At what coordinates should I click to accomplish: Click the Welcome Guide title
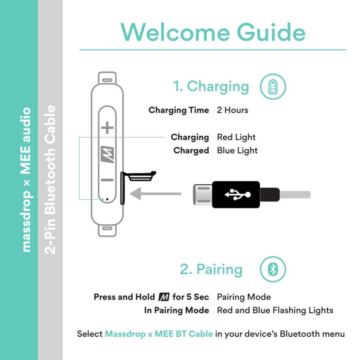point(213,32)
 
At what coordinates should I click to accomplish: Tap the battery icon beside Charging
point(272,87)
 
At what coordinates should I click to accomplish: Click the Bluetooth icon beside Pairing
point(272,269)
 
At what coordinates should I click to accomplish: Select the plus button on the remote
point(107,128)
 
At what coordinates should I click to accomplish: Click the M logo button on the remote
point(108,154)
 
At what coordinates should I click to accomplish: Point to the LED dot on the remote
point(107,199)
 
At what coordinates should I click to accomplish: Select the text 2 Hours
point(232,110)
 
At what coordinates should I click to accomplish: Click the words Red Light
point(236,137)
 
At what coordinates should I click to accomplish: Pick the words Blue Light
point(237,150)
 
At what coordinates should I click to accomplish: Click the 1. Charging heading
point(211,86)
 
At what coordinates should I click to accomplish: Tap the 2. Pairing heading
point(211,269)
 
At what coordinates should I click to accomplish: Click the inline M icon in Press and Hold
point(164,297)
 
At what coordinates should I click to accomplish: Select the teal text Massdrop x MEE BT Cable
point(159,334)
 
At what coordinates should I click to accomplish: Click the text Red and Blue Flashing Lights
point(275,310)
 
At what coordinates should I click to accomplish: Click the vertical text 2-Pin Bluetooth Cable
point(50,180)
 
